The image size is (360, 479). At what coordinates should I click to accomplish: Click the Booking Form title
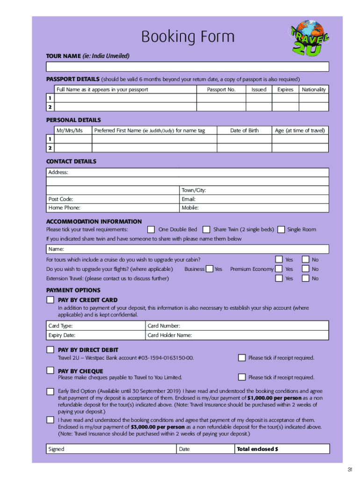188,36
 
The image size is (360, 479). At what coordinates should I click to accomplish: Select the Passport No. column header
221,89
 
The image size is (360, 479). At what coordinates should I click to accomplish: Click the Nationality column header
314,89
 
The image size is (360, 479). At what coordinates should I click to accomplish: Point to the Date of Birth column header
244,131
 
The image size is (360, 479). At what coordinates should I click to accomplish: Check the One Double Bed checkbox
151,230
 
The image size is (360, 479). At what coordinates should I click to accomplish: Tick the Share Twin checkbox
206,230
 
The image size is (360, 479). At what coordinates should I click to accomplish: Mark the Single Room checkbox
281,230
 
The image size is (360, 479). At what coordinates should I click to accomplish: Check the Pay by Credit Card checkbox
50,300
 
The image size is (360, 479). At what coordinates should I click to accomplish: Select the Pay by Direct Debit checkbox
50,350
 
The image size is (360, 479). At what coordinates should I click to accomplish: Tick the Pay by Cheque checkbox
50,371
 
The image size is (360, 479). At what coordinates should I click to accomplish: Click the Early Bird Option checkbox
50,391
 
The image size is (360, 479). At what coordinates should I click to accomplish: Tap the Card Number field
238,326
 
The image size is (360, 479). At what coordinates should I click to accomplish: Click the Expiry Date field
96,335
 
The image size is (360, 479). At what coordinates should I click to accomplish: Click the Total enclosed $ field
282,449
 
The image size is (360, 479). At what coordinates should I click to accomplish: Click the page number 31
350,470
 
